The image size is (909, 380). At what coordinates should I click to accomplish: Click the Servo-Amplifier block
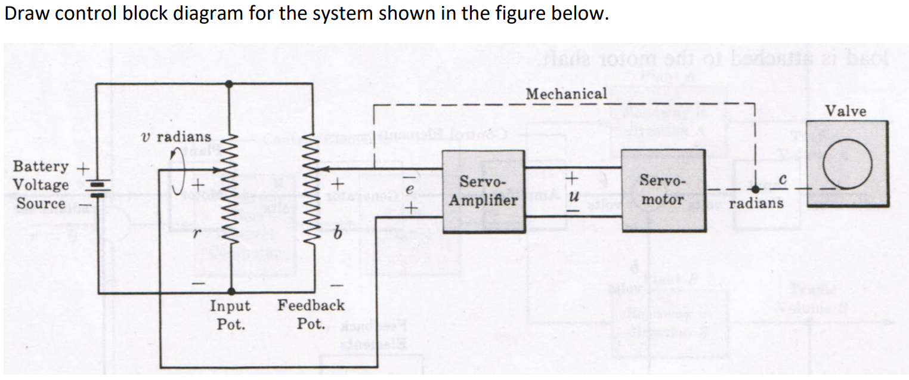click(x=483, y=191)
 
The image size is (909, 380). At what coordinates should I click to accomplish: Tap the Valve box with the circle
click(x=847, y=163)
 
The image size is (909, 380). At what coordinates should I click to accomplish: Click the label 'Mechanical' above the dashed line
click(x=566, y=94)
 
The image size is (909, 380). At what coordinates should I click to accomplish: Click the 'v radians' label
click(x=176, y=137)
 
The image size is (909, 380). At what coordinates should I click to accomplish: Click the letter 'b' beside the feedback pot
click(x=337, y=236)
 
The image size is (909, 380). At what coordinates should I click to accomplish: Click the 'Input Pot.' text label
click(x=230, y=314)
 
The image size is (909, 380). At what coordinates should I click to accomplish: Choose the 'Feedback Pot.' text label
click(x=311, y=314)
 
